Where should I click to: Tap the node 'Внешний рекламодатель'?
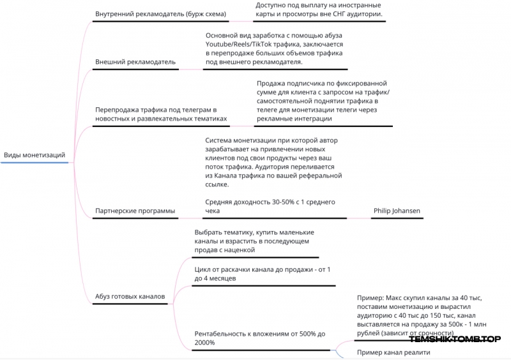135,62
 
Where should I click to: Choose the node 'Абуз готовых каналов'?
130,296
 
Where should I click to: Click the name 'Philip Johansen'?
397,211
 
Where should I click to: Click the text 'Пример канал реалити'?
393,352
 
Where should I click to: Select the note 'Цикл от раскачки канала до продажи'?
263,274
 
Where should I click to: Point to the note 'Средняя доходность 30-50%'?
270,206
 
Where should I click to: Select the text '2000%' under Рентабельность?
204,343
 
